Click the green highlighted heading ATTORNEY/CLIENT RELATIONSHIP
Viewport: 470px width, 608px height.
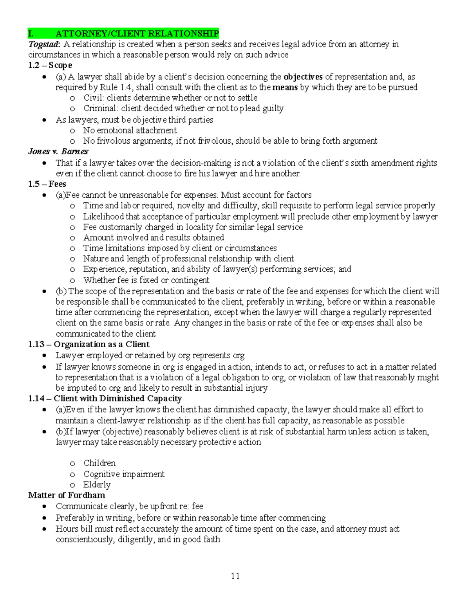click(x=137, y=33)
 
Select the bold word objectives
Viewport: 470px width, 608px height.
click(x=303, y=77)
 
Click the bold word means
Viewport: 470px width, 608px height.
click(x=285, y=87)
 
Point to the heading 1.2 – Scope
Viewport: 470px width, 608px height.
click(x=50, y=65)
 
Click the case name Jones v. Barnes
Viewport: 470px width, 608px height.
click(x=58, y=152)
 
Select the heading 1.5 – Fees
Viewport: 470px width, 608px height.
click(x=47, y=184)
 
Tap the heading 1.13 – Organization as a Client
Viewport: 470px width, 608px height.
click(x=89, y=345)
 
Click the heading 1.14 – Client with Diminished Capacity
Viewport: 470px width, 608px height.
click(x=105, y=399)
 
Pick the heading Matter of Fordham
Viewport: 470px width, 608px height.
click(x=67, y=495)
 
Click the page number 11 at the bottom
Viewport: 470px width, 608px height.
click(x=235, y=576)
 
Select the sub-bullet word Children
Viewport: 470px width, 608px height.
click(x=99, y=463)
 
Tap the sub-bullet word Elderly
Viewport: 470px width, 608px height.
click(x=97, y=485)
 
